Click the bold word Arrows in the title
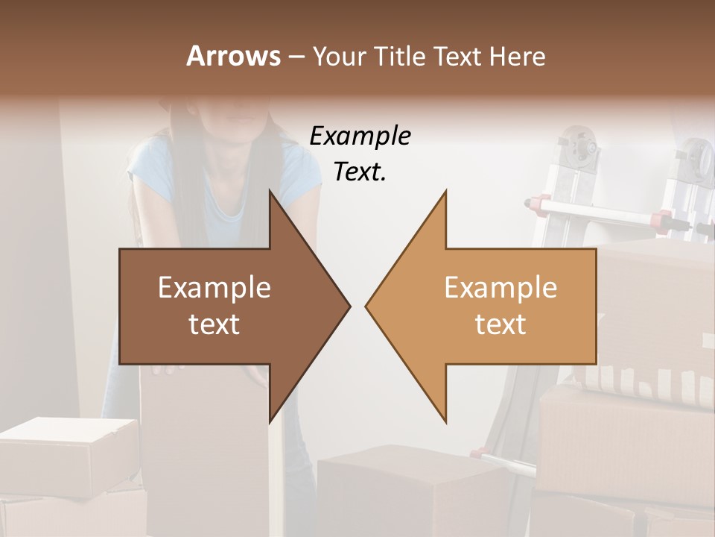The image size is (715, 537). coord(232,56)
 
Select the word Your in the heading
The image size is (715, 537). coord(340,56)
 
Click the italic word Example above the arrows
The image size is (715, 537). coord(360,136)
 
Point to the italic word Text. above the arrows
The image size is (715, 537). coord(360,172)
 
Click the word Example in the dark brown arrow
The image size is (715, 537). coord(214,288)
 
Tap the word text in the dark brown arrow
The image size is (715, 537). coord(214,324)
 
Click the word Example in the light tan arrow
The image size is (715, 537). coord(500,288)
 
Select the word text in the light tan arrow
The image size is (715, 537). coord(500,324)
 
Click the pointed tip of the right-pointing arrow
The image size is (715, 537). coord(349,306)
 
